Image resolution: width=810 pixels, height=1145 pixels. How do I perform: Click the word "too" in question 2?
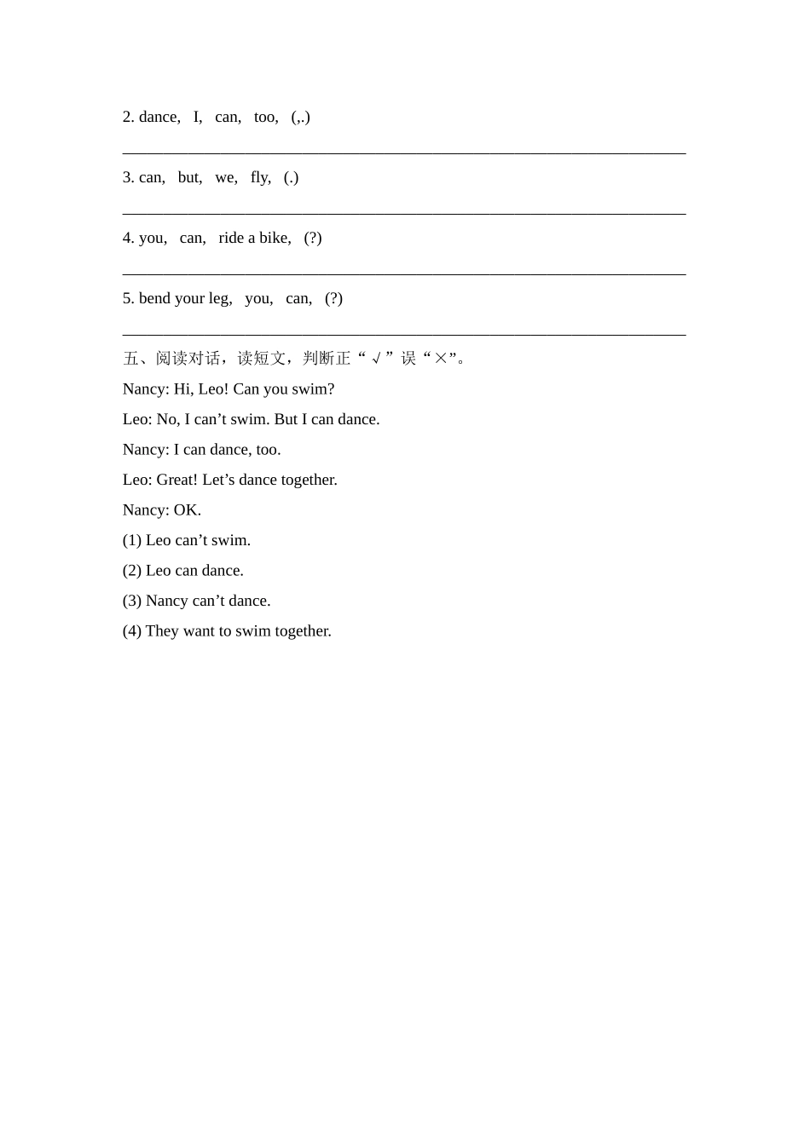265,117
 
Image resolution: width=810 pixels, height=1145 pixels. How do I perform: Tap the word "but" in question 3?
189,177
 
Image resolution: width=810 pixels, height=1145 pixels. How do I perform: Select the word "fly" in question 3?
259,177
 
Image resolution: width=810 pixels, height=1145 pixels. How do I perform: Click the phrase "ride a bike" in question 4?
254,238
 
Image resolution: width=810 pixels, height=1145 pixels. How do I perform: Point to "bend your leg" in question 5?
184,298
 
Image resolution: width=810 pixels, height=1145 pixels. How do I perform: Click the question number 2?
128,117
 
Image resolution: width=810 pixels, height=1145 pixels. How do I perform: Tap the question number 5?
128,298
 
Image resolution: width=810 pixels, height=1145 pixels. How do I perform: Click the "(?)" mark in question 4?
313,238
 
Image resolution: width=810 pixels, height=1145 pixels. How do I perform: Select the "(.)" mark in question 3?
291,177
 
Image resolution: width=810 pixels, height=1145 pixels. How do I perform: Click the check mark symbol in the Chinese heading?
376,359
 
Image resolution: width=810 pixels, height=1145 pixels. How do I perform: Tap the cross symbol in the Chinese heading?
440,359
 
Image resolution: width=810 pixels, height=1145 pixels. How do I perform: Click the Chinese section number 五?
130,359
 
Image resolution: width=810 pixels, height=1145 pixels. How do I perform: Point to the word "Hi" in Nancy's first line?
182,389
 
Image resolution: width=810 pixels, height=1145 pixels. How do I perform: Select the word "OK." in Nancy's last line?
188,510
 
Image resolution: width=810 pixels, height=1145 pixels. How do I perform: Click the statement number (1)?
132,540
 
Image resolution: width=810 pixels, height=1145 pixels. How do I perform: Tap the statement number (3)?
132,601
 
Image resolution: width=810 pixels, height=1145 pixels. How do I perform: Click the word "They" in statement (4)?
162,631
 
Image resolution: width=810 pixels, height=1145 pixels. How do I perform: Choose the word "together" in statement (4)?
303,631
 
